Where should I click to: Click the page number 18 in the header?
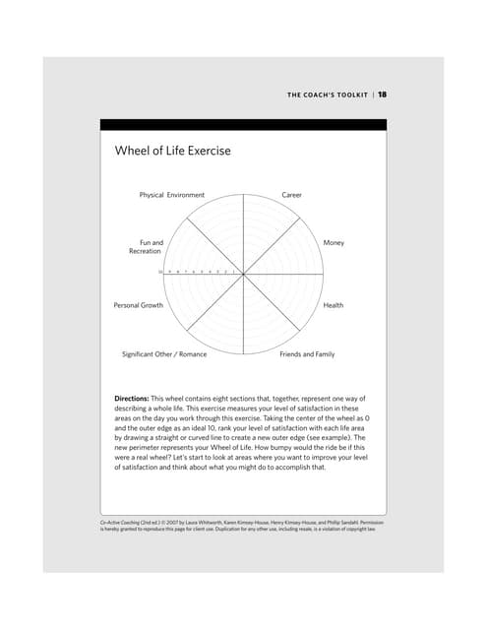[x=383, y=94]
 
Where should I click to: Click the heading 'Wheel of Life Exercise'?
[x=172, y=151]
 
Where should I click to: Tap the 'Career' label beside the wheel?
[x=291, y=195]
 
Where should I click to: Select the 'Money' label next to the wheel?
[x=334, y=242]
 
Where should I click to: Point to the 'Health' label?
[x=334, y=305]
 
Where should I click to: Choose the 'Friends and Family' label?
[x=307, y=353]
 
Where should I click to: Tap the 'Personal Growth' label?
[x=139, y=305]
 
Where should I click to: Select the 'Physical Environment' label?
[x=172, y=195]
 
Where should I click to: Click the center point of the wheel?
[x=243, y=273]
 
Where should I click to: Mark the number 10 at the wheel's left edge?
[x=160, y=272]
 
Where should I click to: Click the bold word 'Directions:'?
[x=135, y=398]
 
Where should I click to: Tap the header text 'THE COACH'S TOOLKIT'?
[x=328, y=94]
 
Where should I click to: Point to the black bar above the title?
[x=243, y=125]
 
